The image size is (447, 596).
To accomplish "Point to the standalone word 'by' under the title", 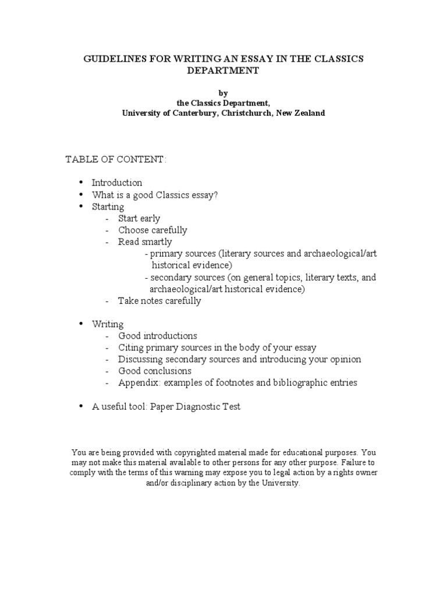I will tap(223, 93).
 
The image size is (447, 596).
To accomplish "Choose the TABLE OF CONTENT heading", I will tap(116, 160).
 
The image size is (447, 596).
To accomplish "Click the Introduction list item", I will tap(117, 183).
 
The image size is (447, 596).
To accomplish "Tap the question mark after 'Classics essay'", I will tap(215, 195).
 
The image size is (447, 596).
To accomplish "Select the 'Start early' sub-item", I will tap(139, 219).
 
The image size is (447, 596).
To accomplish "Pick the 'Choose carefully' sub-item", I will tap(152, 230).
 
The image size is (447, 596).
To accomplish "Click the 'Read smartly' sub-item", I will tap(145, 242).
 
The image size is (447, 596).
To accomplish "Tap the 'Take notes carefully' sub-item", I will tap(159, 301).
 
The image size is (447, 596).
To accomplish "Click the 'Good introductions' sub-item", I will tap(158, 336).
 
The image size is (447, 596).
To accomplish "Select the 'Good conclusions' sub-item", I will tap(155, 371).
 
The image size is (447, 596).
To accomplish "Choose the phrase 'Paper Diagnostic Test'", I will tap(195, 407).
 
